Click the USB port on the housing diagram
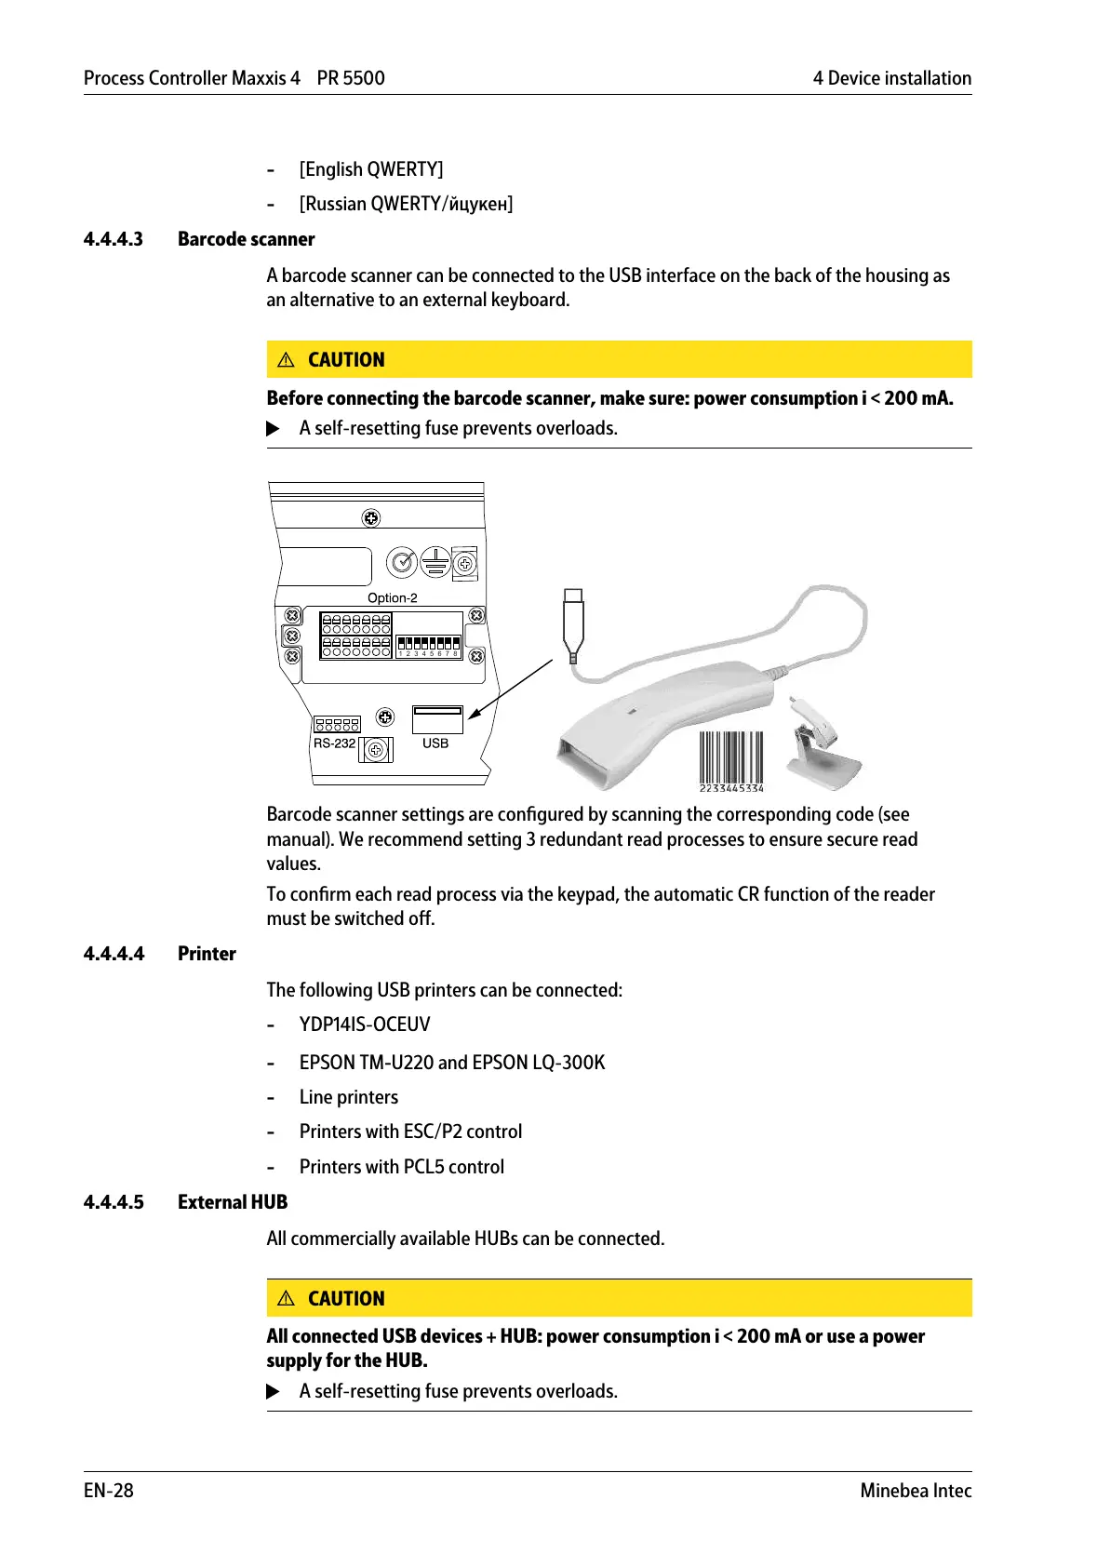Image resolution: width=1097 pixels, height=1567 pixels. click(436, 718)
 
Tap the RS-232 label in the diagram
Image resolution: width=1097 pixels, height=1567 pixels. click(334, 743)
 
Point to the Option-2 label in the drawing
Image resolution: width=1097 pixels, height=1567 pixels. click(392, 598)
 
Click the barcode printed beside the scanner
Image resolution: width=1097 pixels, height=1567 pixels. click(731, 760)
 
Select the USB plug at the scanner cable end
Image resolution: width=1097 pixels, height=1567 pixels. click(573, 622)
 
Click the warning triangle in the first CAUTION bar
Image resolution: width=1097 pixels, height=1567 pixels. click(287, 360)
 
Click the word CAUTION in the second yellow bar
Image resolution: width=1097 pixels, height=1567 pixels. click(346, 1299)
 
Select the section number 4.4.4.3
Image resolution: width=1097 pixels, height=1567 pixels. click(114, 239)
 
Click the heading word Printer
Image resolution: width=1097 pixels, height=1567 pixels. click(207, 954)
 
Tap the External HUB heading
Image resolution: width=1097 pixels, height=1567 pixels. click(233, 1202)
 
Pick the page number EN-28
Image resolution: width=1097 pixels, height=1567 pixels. click(109, 1491)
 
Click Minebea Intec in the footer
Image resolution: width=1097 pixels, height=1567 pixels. click(916, 1491)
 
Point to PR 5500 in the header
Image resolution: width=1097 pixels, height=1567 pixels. click(351, 78)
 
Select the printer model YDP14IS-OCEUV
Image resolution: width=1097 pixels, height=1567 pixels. click(365, 1025)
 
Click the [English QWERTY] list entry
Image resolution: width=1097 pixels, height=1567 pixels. click(371, 169)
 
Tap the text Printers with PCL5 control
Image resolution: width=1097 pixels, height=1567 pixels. click(402, 1167)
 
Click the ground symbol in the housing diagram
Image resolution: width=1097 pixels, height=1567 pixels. click(435, 562)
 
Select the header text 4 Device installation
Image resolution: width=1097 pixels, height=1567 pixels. click(891, 78)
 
